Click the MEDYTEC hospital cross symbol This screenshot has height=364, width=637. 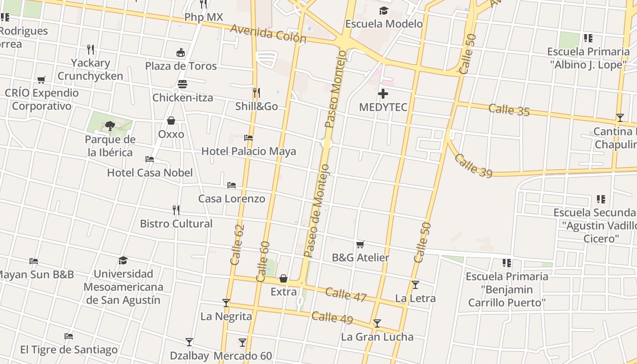(x=383, y=94)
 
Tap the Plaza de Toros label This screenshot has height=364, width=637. (x=181, y=66)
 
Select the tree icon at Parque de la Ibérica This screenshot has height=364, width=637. (x=110, y=126)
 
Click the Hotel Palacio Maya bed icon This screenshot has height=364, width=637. (x=248, y=137)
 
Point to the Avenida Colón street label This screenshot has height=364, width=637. (x=268, y=34)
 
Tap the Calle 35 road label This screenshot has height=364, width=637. (x=509, y=110)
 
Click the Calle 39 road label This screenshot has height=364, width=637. (x=473, y=166)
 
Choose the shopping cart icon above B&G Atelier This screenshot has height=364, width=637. (x=360, y=244)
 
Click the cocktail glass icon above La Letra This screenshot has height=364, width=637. (x=415, y=285)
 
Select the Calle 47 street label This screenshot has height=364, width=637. (x=346, y=295)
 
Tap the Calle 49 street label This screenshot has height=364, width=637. (x=332, y=318)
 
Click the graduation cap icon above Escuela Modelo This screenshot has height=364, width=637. (x=384, y=10)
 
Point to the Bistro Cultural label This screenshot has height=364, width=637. (x=176, y=223)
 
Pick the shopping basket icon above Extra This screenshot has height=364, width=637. (x=283, y=278)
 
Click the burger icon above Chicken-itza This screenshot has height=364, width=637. (x=182, y=84)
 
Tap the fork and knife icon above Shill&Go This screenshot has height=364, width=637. (x=257, y=93)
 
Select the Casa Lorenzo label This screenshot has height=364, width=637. (x=232, y=198)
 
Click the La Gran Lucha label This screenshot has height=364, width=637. (x=377, y=337)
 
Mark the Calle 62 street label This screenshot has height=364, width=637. (x=237, y=244)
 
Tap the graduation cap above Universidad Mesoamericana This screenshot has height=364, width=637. (x=123, y=260)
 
